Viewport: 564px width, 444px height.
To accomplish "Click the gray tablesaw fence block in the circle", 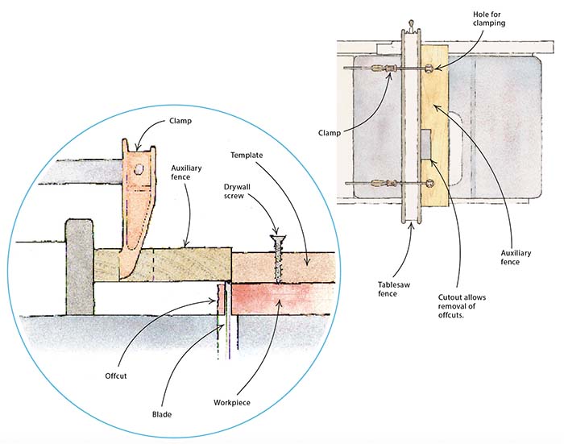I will (x=79, y=266).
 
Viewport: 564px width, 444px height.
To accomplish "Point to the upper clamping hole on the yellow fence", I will (x=429, y=69).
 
